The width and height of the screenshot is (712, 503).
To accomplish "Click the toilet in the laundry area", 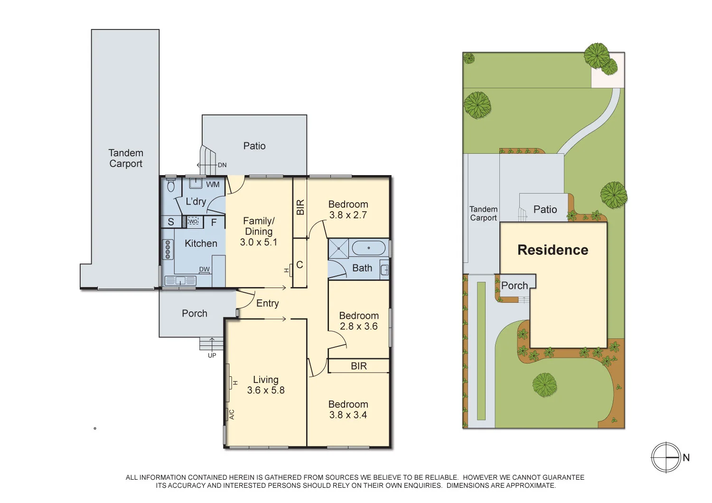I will tap(171, 185).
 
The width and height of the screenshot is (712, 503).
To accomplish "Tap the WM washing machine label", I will tap(213, 185).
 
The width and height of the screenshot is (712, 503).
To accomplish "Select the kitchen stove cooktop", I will tap(168, 250).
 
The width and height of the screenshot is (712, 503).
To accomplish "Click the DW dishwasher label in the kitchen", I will tap(204, 270).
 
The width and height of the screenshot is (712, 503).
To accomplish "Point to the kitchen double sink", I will tap(180, 281).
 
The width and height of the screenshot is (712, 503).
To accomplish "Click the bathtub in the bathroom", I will tap(368, 248).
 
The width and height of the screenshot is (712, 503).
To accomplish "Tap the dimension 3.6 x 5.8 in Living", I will tap(266, 391).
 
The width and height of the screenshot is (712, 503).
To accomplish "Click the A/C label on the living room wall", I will tap(232, 414).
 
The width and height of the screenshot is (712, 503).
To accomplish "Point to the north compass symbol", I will tap(666, 457).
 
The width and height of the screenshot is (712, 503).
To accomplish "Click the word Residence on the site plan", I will tap(553, 250).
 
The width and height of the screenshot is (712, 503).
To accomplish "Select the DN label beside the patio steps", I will tap(222, 165).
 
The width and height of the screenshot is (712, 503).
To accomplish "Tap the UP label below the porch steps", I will tap(212, 355).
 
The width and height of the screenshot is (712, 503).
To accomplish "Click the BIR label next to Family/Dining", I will tap(300, 207).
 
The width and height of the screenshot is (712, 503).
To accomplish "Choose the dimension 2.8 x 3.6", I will tap(359, 326).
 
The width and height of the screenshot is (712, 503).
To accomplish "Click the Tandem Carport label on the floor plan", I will tap(126, 158).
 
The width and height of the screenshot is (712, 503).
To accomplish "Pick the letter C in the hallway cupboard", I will tap(300, 265).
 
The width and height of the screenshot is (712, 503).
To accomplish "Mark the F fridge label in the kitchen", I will tap(214, 222).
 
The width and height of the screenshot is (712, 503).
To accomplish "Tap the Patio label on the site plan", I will tap(545, 210).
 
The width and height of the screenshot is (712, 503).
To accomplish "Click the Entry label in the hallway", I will tap(267, 304).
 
